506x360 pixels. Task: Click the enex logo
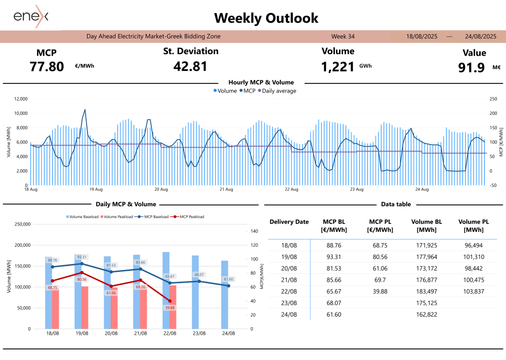[31, 17]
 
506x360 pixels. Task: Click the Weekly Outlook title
[266, 18]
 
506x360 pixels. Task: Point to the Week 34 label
[343, 36]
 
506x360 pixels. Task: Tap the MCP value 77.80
[47, 66]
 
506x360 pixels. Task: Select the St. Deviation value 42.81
[190, 66]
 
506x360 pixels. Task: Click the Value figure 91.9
[471, 68]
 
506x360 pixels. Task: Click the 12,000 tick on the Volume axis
[20, 99]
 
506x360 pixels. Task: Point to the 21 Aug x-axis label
[226, 190]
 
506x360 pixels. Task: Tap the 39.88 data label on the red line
[170, 307]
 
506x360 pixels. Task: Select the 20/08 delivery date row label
[289, 267]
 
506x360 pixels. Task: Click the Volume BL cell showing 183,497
[427, 291]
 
